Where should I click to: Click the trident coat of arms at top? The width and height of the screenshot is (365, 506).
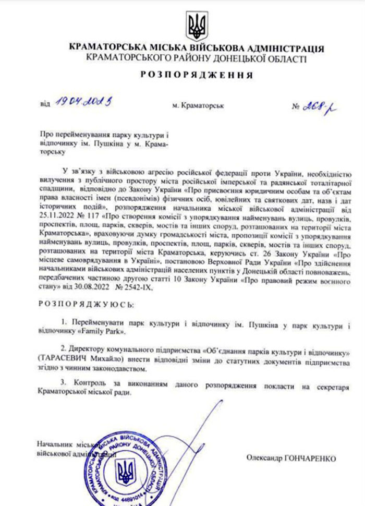coord(197,26)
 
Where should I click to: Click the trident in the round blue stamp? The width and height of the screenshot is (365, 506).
coord(126,469)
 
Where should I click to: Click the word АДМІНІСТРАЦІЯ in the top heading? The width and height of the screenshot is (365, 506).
coord(283,49)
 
